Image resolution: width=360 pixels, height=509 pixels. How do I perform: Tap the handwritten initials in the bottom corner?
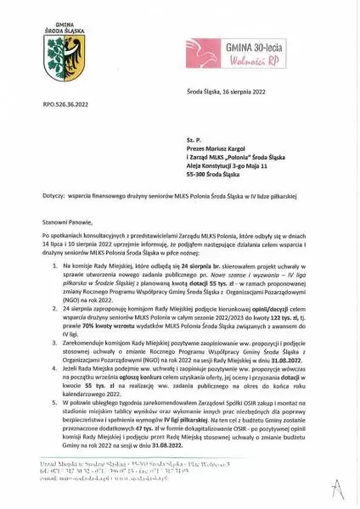click(337, 488)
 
